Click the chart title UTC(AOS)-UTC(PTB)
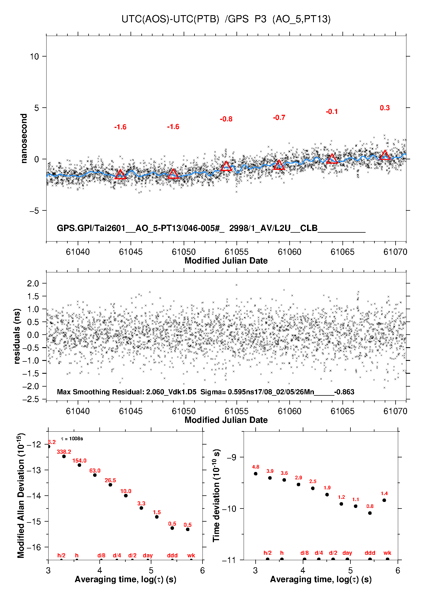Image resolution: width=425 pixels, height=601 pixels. tap(170, 19)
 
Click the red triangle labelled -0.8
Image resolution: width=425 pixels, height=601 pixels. tap(226, 166)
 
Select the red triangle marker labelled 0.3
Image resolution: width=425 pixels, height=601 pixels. tap(385, 155)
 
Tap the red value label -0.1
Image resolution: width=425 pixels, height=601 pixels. tap(332, 112)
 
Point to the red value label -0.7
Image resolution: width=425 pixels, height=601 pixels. tap(279, 118)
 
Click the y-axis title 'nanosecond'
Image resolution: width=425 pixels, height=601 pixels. tap(24, 138)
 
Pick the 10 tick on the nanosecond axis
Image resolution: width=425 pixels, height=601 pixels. tap(34, 57)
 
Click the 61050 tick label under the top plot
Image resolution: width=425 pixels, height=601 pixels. tap(184, 252)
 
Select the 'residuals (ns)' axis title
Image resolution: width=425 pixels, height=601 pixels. tap(17, 336)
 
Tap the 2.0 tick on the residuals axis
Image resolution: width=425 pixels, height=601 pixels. tap(33, 284)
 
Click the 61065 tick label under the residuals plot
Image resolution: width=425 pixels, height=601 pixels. tap(342, 411)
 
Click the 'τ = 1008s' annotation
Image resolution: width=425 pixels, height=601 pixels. tap(72, 439)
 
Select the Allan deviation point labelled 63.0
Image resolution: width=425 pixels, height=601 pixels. tap(95, 475)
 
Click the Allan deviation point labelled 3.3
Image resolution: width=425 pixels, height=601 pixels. tap(141, 508)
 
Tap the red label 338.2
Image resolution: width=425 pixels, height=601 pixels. tap(64, 452)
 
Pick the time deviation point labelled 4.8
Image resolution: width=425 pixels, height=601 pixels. tap(256, 474)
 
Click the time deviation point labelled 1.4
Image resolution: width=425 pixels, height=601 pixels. tap(384, 500)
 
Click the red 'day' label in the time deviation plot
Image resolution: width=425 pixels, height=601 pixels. tap(347, 553)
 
